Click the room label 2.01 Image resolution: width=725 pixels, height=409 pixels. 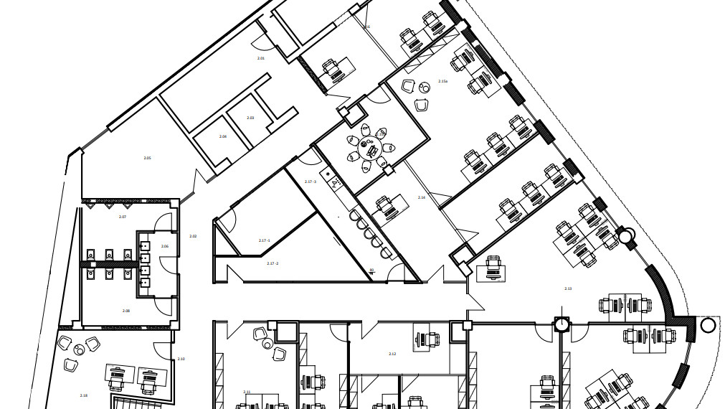pyautogui.click(x=261, y=58)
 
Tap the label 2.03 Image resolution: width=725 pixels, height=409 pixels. pyautogui.click(x=250, y=118)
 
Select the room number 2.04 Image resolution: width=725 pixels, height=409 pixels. pyautogui.click(x=223, y=136)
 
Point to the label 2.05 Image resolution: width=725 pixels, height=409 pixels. pyautogui.click(x=147, y=158)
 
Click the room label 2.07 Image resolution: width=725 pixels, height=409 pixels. pyautogui.click(x=123, y=217)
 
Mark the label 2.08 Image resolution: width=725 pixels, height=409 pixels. pyautogui.click(x=126, y=311)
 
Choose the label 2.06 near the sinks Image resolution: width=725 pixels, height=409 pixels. pyautogui.click(x=165, y=246)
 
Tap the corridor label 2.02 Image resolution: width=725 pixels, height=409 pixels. pyautogui.click(x=192, y=236)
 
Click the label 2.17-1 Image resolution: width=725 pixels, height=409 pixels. pyautogui.click(x=264, y=240)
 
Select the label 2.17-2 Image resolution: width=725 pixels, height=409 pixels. pyautogui.click(x=273, y=263)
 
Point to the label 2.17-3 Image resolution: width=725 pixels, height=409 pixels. pyautogui.click(x=311, y=182)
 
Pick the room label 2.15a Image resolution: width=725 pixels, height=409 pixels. pyautogui.click(x=442, y=82)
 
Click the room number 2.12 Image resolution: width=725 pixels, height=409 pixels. pyautogui.click(x=392, y=354)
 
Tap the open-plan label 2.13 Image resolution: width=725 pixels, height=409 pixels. pyautogui.click(x=568, y=288)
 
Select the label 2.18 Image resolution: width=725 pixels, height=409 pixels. pyautogui.click(x=84, y=395)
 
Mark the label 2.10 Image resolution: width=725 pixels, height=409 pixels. pyautogui.click(x=181, y=359)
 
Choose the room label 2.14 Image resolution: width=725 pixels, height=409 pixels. pyautogui.click(x=422, y=197)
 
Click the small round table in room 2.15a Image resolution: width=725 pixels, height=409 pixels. pyautogui.click(x=424, y=88)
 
